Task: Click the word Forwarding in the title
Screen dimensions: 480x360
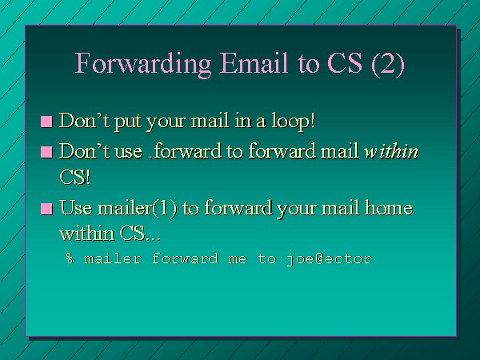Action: pos(143,65)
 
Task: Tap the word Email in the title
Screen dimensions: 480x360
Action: pos(254,62)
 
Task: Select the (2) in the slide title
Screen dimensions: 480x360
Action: pos(388,64)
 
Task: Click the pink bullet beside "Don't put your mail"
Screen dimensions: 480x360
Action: pos(46,122)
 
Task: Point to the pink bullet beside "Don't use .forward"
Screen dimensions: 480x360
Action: pos(46,152)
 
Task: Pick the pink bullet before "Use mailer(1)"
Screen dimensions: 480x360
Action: pos(46,209)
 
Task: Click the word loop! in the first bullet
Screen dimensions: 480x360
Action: pos(294,122)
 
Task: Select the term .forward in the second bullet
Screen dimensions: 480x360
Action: pos(186,151)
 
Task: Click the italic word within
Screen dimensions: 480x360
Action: pos(391,151)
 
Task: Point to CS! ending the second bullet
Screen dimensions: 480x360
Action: pos(75,177)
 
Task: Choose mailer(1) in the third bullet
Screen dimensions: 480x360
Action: pos(138,208)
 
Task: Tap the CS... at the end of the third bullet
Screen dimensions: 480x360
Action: pos(140,234)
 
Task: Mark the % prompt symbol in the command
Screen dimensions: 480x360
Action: pos(70,258)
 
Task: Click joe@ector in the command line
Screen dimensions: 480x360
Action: pos(330,259)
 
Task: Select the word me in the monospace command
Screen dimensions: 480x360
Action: pos(238,259)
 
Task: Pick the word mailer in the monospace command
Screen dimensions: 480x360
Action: pos(113,258)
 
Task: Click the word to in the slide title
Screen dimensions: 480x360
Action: pos(308,64)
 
